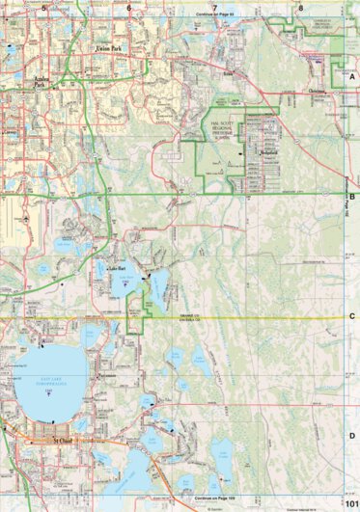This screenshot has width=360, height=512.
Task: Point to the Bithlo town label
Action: (x=228, y=72)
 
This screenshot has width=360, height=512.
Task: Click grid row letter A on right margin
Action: (x=352, y=76)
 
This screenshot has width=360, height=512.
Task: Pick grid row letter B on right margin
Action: (x=352, y=196)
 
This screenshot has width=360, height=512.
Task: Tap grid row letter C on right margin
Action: (x=352, y=316)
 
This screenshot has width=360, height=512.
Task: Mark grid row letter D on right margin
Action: (x=352, y=435)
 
